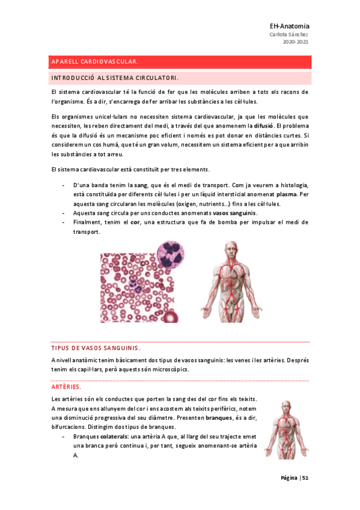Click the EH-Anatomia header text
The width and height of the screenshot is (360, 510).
click(x=289, y=26)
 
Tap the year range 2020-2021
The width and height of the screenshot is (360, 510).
click(x=296, y=42)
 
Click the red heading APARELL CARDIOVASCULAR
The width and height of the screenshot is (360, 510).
click(x=96, y=62)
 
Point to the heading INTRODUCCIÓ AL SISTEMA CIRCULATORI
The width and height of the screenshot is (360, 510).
click(x=115, y=78)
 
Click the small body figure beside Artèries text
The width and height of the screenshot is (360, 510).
click(x=285, y=430)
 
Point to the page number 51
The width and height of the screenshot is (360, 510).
click(x=305, y=478)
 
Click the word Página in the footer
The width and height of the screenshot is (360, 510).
click(x=288, y=478)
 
